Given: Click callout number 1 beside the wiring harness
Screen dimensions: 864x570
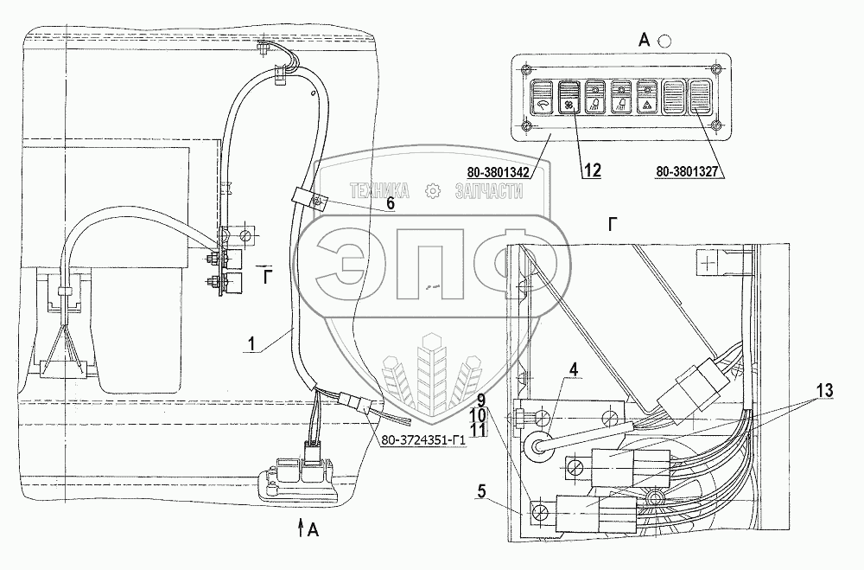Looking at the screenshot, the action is tap(251, 344).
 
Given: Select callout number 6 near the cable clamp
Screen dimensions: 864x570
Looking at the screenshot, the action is tap(391, 203).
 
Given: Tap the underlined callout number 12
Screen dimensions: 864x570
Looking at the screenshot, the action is tap(593, 170).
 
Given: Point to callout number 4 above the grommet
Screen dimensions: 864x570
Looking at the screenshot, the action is tap(574, 369).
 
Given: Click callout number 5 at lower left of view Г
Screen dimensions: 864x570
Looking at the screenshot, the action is tap(482, 491).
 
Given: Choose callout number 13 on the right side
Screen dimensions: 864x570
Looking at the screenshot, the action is tap(824, 391).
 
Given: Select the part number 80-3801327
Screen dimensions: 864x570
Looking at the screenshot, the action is tap(687, 172).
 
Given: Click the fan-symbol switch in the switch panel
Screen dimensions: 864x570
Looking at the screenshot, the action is tap(569, 98).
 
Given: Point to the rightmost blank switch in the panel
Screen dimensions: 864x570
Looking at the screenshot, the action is tap(701, 97).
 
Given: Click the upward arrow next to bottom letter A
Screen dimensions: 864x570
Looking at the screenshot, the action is tap(301, 528).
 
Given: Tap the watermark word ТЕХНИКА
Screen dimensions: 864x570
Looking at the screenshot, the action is tap(379, 191).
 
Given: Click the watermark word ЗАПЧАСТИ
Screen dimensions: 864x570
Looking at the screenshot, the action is tap(489, 191).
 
